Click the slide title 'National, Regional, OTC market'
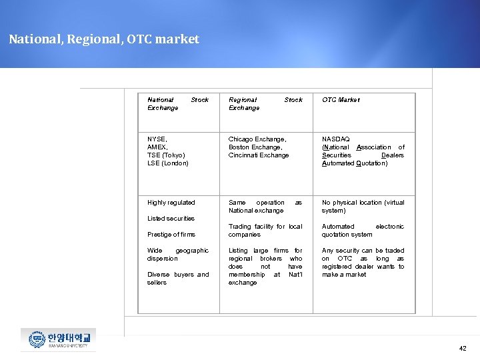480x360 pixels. coord(104,39)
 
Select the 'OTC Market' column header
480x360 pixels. coord(341,100)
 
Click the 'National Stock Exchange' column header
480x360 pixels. coord(177,103)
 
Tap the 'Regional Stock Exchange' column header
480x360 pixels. coord(265,103)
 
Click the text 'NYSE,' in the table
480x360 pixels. coord(157,139)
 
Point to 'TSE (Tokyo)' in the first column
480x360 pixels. coord(166,155)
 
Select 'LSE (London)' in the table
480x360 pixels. coord(168,163)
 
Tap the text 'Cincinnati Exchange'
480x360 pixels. coord(259,155)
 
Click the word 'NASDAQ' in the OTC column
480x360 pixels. coord(336,139)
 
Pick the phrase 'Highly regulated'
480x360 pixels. coord(171,203)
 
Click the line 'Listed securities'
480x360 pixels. coord(171,219)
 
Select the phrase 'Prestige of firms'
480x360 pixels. coord(171,235)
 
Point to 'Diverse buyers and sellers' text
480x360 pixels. coord(177,279)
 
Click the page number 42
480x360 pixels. coord(463,348)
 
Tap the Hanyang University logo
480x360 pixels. coord(58,339)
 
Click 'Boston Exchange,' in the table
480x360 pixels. coord(255,147)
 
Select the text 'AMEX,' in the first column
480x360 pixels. coord(157,147)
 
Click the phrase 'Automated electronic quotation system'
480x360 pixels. coord(363,231)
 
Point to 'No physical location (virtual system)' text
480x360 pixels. coord(363,207)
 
